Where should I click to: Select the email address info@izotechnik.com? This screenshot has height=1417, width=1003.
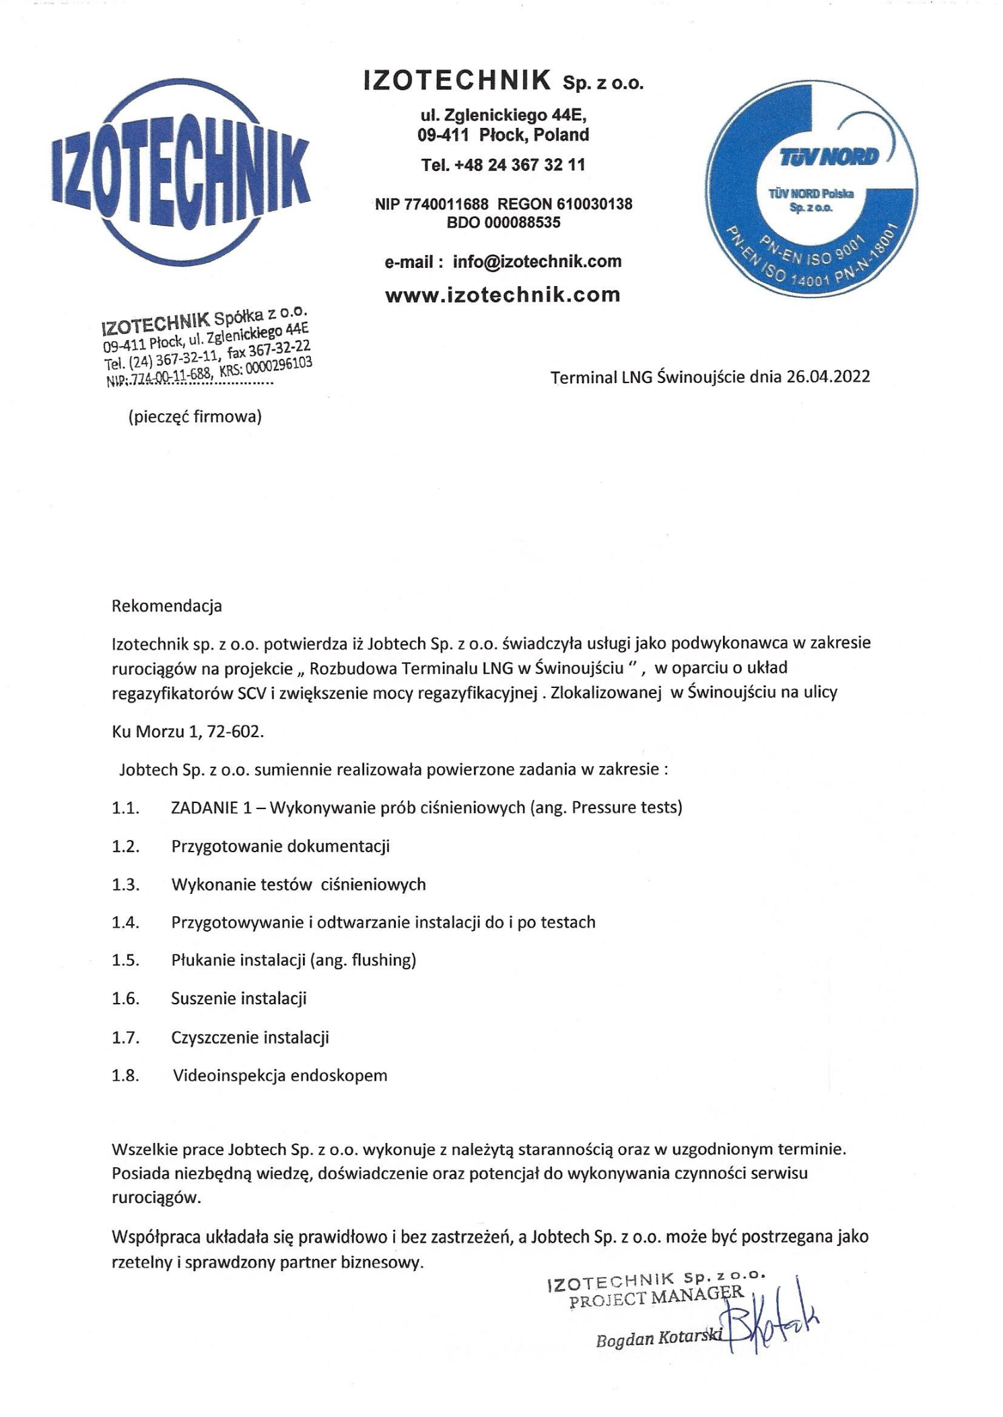pos(537,262)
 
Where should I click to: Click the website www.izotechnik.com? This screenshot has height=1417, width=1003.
pos(502,295)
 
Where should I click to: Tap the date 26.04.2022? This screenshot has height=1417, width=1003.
pos(827,376)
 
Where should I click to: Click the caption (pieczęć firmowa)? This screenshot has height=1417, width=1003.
pos(195,417)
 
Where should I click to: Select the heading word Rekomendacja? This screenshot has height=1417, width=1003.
pos(166,606)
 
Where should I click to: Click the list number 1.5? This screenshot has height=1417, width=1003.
pos(125,960)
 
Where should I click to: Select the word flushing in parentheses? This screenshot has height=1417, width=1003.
pos(386,960)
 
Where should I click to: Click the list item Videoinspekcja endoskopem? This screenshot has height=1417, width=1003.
pos(280,1075)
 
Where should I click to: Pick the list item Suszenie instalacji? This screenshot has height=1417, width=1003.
pos(239,998)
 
